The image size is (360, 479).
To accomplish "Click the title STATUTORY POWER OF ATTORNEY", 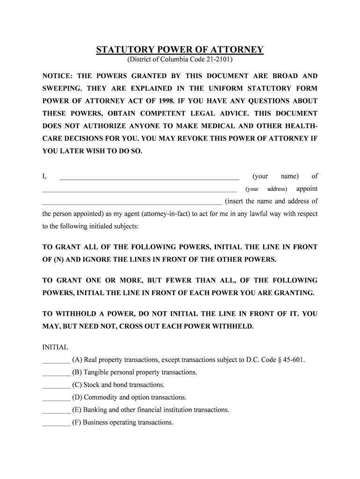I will point(180,50).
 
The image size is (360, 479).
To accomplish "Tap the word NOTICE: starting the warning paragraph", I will point(58,76).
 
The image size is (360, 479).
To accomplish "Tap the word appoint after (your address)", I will point(307,189).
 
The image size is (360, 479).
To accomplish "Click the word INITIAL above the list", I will point(55,348).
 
